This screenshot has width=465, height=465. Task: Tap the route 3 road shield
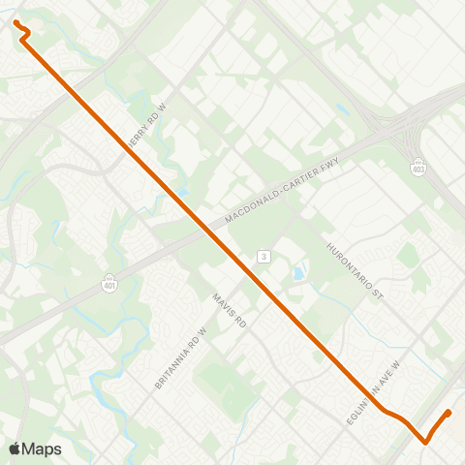[x=263, y=256]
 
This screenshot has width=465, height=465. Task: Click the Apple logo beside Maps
[x=15, y=449]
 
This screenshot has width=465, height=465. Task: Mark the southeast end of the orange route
[x=449, y=414]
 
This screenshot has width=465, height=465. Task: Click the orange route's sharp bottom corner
[x=425, y=442]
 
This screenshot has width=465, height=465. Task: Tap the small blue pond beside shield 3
[x=297, y=273]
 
